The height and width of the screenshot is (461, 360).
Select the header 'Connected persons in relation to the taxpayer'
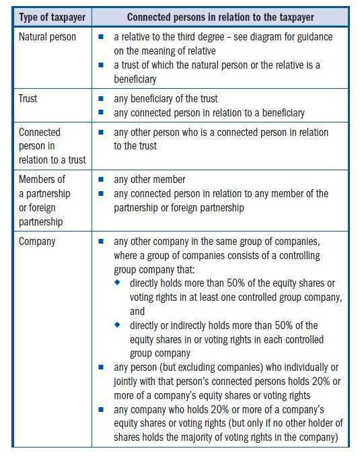222,16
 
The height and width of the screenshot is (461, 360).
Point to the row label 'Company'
37,240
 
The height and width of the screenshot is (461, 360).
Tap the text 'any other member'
149,180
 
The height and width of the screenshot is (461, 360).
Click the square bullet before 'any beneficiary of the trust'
101,99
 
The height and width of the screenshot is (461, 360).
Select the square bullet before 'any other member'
101,180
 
